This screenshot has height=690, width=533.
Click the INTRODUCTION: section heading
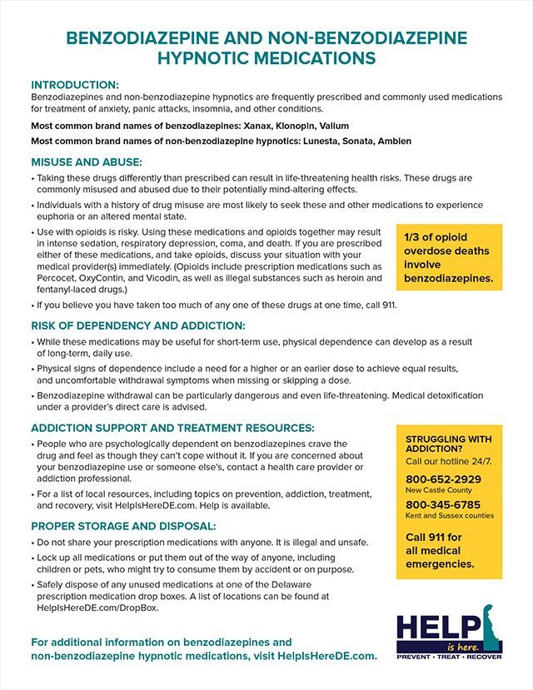tap(75, 85)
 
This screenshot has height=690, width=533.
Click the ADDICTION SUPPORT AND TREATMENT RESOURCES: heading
tap(172, 427)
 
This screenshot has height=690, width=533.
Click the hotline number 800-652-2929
tap(443, 479)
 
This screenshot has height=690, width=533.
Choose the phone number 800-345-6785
tap(443, 504)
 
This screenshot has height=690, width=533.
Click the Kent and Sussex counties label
tap(450, 516)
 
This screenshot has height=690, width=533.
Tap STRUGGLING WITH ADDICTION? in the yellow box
tap(448, 444)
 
